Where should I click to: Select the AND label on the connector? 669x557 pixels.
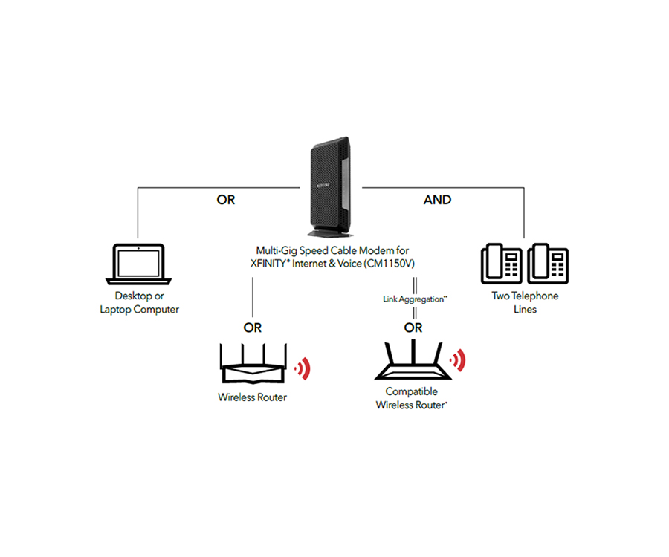pyautogui.click(x=438, y=200)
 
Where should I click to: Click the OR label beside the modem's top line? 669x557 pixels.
pyautogui.click(x=225, y=200)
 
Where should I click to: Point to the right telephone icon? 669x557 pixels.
pyautogui.click(x=548, y=264)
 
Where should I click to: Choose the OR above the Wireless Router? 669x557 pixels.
pyautogui.click(x=253, y=328)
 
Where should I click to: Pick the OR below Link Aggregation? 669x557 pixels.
pyautogui.click(x=414, y=328)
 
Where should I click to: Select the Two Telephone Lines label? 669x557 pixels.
pyautogui.click(x=525, y=302)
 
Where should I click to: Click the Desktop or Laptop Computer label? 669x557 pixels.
pyautogui.click(x=140, y=302)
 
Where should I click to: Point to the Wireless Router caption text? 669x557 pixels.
pyautogui.click(x=252, y=397)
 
